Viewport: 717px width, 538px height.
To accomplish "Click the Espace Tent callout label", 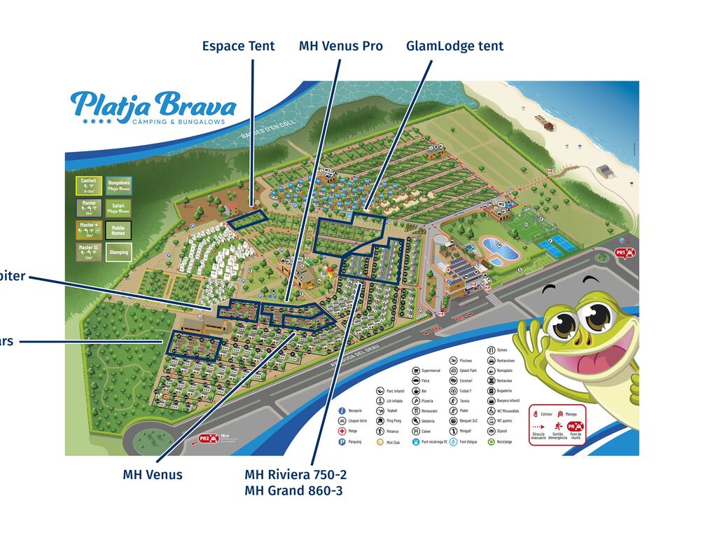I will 238,46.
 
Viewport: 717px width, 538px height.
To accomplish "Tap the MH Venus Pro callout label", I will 340,46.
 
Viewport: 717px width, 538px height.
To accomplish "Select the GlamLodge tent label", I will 454,46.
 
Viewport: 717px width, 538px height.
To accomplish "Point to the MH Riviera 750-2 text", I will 295,474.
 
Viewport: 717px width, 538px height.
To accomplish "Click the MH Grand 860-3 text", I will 293,490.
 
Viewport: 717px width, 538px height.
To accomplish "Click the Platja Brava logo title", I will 153,105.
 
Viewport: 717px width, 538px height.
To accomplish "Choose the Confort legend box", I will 88,185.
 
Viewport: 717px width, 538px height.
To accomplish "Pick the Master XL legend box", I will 88,251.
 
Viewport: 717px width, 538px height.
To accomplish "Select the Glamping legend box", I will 119,251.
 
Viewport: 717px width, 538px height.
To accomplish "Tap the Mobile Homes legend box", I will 119,230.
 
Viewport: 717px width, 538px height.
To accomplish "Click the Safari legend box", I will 119,207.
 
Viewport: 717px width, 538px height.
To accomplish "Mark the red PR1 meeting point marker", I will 624,252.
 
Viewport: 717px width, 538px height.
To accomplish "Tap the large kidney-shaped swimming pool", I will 501,247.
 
